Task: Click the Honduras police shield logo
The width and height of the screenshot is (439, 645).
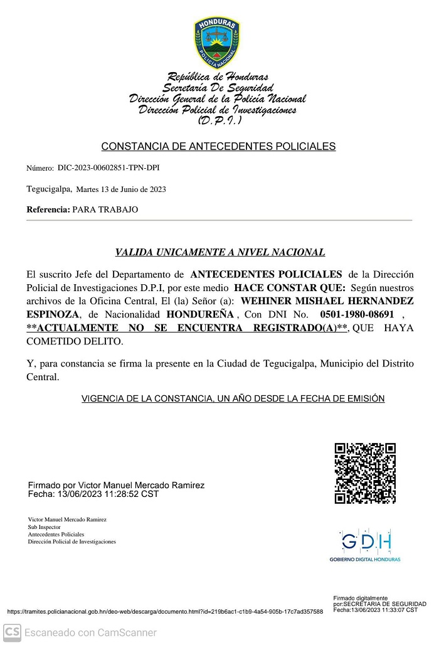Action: click(216, 43)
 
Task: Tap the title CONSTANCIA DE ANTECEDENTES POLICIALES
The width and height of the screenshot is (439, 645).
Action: click(218, 147)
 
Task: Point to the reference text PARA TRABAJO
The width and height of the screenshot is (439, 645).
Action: click(105, 210)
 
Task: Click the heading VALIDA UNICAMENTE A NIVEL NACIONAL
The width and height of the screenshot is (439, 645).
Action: click(219, 253)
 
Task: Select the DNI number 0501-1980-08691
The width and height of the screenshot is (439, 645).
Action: click(357, 314)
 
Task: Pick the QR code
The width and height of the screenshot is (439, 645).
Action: click(364, 473)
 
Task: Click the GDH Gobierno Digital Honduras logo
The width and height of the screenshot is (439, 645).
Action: click(365, 544)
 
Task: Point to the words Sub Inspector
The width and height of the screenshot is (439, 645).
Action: click(43, 527)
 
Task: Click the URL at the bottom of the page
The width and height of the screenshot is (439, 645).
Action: click(165, 612)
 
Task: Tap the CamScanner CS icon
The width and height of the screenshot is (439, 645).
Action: click(12, 632)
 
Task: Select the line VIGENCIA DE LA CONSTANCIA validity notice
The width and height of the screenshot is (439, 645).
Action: click(233, 399)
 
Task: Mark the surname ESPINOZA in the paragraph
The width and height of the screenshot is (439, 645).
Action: click(53, 314)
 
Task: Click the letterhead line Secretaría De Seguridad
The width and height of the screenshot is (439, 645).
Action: click(218, 88)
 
